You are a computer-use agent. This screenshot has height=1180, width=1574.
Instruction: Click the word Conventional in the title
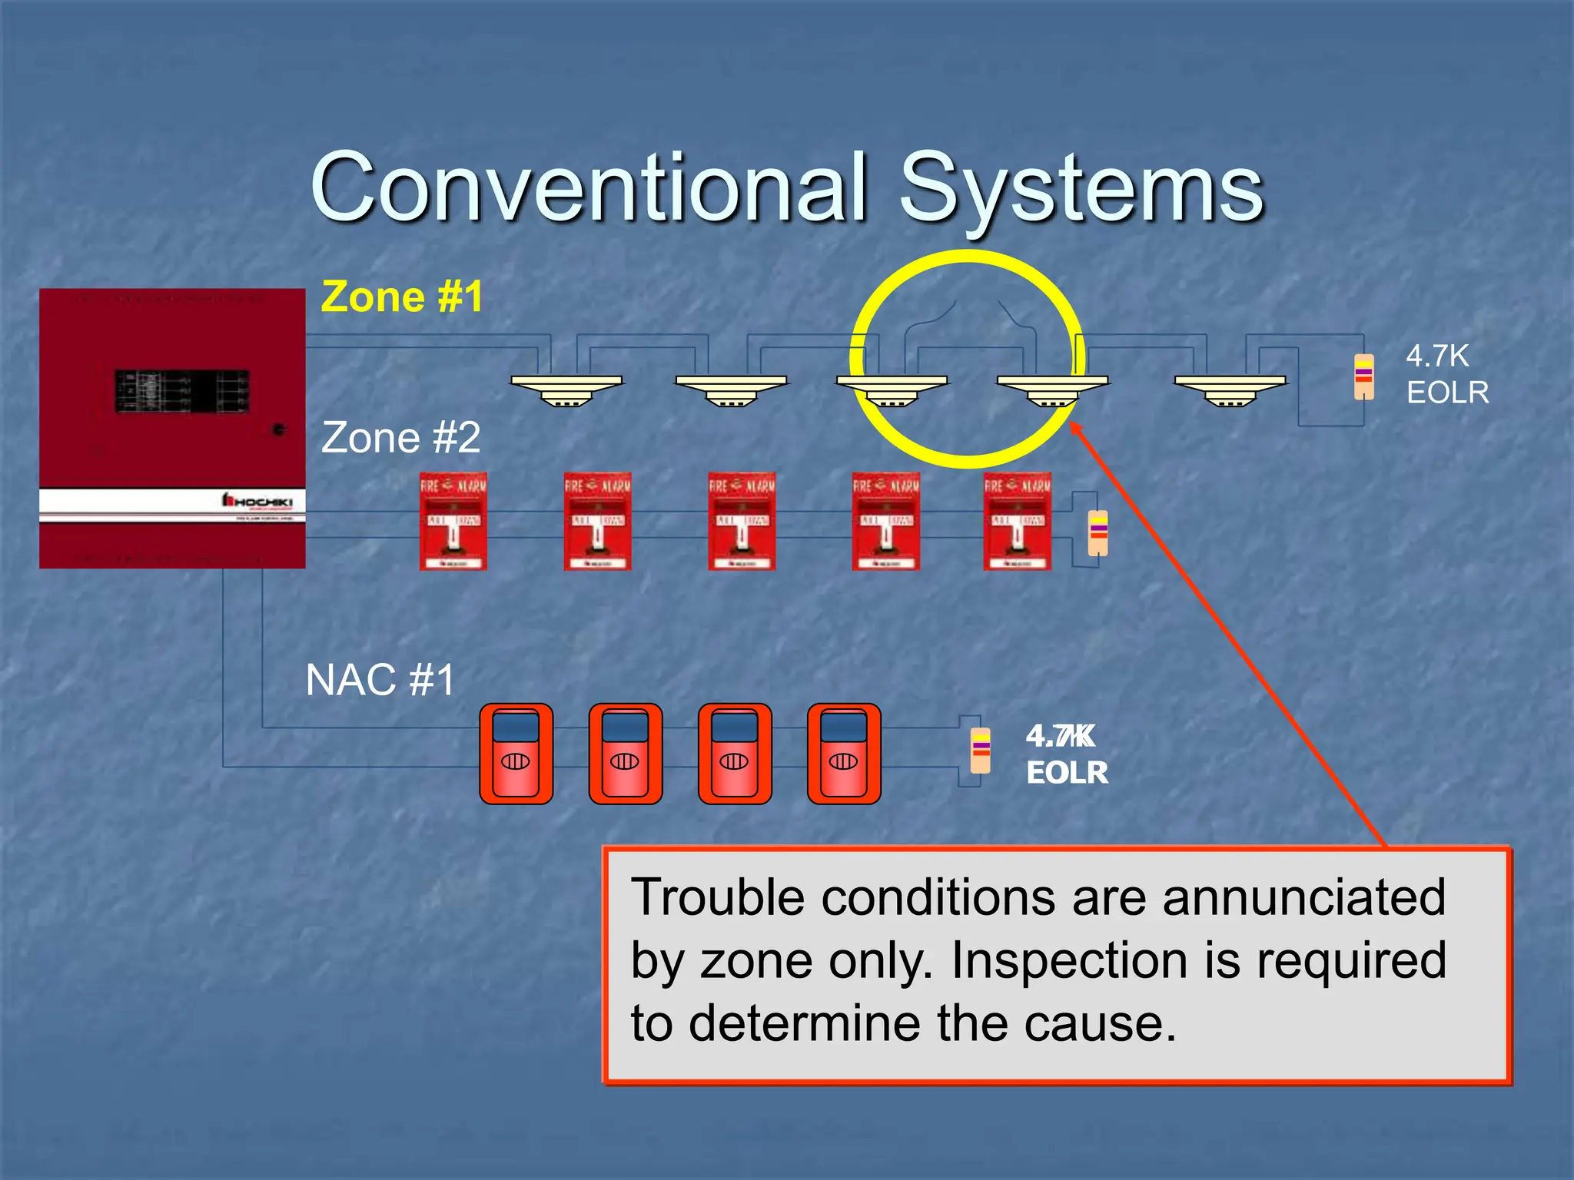[x=588, y=188]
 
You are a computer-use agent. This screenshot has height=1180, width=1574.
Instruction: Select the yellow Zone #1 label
[x=402, y=297]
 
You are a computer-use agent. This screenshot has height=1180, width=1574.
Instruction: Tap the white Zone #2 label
[x=400, y=438]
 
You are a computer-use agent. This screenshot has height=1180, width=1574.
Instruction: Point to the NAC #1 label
[x=380, y=680]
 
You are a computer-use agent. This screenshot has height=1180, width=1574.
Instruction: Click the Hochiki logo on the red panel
[x=258, y=502]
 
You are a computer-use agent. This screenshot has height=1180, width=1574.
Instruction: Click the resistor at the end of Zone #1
[x=1363, y=376]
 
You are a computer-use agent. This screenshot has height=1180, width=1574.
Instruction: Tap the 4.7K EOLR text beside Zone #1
[x=1446, y=375]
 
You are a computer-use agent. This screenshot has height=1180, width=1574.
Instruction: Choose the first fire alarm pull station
[x=453, y=522]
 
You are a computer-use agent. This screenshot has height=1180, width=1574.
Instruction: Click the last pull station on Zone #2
[x=1017, y=522]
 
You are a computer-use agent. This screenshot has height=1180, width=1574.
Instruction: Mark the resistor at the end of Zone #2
[x=1098, y=532]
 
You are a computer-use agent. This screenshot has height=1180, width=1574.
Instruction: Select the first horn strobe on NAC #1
[x=516, y=754]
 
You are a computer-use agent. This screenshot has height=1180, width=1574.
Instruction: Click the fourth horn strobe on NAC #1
[x=844, y=754]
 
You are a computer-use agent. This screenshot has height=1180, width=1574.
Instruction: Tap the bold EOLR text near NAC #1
[x=1067, y=773]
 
